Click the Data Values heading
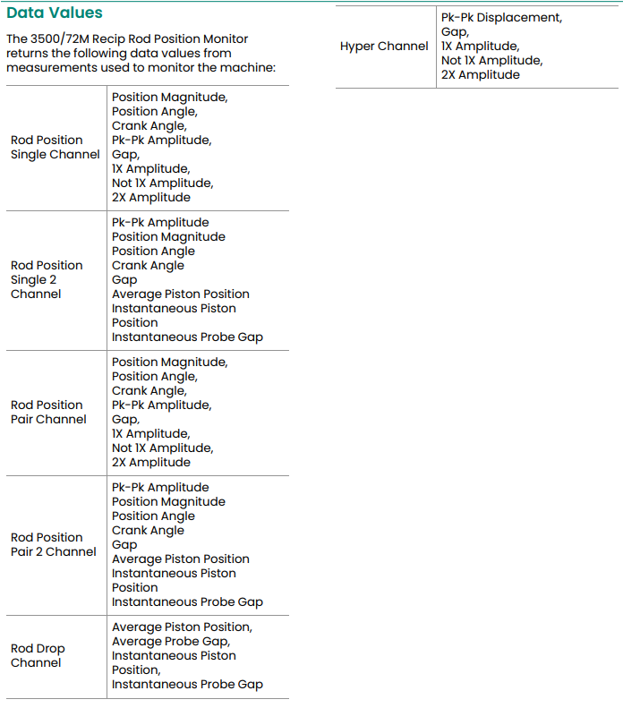click(55, 13)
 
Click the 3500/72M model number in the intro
click(71, 39)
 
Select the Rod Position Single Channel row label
click(55, 147)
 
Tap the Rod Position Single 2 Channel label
click(47, 279)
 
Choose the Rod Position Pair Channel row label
click(48, 412)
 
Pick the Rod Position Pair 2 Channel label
click(53, 544)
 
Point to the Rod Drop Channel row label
click(38, 655)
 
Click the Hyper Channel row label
click(384, 47)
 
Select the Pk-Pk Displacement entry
click(501, 18)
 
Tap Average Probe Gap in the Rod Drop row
click(170, 641)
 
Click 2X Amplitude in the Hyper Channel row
click(480, 75)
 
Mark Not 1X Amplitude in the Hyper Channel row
click(491, 61)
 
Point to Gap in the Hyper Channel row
click(455, 32)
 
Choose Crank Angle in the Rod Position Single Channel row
click(149, 126)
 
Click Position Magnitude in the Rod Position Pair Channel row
click(169, 363)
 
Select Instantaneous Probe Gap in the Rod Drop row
click(187, 684)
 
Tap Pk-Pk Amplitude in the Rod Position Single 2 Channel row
click(160, 223)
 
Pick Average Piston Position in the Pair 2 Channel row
click(180, 559)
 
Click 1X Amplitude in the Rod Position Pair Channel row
click(149, 434)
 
